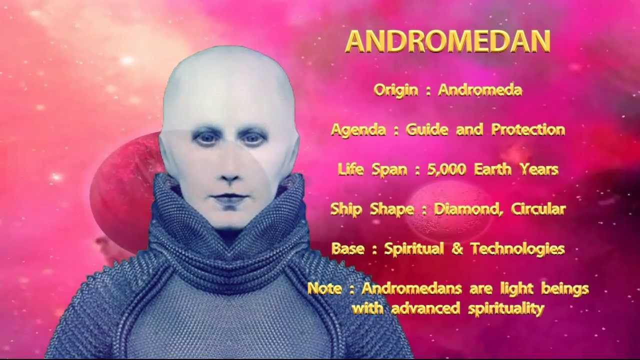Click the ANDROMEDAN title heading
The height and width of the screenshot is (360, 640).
click(x=447, y=41)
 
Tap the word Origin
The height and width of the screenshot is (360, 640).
click(x=395, y=90)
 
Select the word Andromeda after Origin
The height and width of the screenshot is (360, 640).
click(x=480, y=90)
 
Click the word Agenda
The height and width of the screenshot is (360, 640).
click(x=358, y=130)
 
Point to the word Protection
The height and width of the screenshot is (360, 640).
click(x=528, y=129)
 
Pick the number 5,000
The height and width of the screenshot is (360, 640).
click(x=446, y=169)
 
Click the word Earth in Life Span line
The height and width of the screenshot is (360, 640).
click(x=492, y=169)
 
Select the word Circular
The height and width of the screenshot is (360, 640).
click(x=538, y=209)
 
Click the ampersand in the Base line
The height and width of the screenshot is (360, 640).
click(x=457, y=249)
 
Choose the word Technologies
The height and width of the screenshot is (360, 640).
click(x=517, y=249)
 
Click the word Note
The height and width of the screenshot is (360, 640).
click(x=324, y=288)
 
